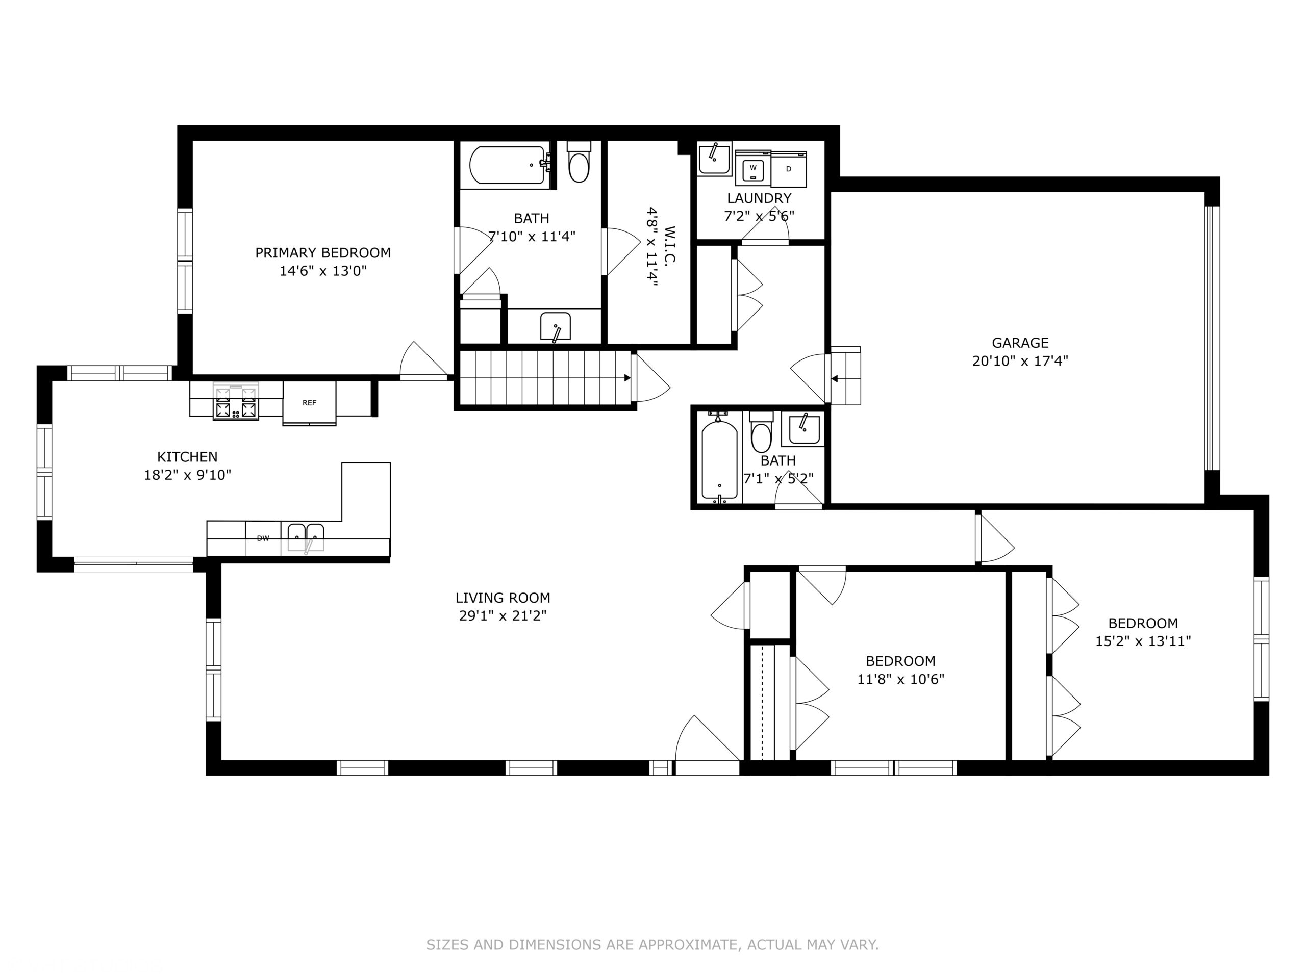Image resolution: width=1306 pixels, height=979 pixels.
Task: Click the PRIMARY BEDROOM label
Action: (322, 252)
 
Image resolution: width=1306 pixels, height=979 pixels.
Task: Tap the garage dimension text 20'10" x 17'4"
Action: (1020, 360)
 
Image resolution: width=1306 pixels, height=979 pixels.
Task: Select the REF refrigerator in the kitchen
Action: (309, 402)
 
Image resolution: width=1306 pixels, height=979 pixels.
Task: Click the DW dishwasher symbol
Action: (263, 538)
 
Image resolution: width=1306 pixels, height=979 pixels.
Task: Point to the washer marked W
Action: (753, 168)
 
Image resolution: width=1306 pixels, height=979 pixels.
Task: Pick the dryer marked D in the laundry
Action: (789, 169)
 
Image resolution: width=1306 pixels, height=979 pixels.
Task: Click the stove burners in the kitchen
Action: (236, 402)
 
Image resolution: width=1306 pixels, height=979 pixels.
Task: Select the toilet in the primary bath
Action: (579, 164)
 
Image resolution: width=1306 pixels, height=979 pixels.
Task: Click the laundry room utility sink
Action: (714, 158)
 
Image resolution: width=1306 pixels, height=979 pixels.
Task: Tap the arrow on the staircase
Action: (627, 378)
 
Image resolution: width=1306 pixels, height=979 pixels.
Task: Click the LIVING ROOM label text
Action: (503, 598)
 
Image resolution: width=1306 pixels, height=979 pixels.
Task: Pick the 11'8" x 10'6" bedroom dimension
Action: (900, 679)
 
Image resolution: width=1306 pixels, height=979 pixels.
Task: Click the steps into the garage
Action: (845, 376)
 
